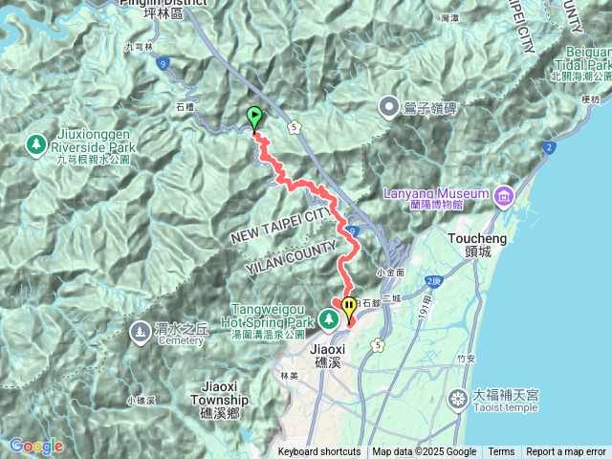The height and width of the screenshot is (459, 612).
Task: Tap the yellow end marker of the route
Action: [x=349, y=308]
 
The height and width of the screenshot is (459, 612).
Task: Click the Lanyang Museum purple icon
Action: [x=504, y=197]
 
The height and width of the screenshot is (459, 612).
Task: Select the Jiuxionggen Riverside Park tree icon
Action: [x=35, y=144]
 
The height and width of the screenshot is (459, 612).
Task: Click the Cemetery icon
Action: [x=139, y=331]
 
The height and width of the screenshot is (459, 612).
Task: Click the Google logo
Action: [x=35, y=447]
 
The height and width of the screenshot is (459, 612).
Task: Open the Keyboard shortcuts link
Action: [x=319, y=452]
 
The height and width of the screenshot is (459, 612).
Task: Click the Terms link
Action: [x=501, y=452]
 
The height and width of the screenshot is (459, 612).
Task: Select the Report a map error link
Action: [x=566, y=452]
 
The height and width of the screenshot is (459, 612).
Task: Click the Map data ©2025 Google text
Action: [x=424, y=452]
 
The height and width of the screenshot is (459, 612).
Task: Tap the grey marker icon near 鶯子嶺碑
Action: [x=390, y=107]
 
